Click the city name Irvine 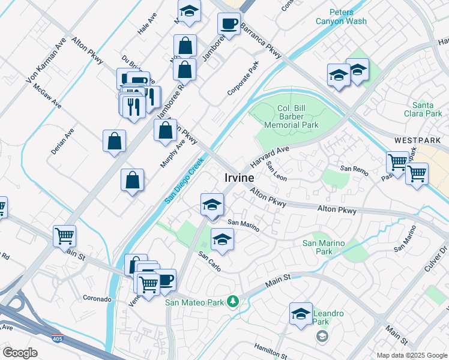tap(239, 178)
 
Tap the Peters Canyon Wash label tap(341, 17)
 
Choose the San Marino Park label tap(324, 247)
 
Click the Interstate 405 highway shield tap(58, 340)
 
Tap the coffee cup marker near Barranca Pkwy tap(228, 24)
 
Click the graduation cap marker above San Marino tap(211, 205)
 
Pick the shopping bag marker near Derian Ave tap(114, 142)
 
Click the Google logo tap(20, 353)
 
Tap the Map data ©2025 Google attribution tap(411, 355)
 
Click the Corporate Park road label tap(243, 79)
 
